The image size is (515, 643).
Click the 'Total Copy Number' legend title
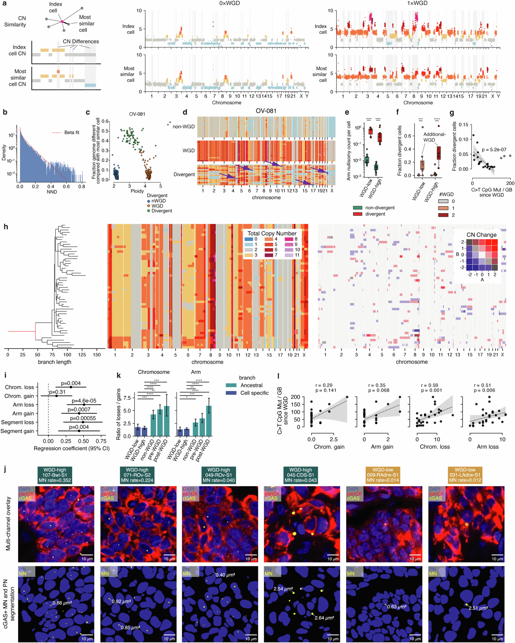pos(272,233)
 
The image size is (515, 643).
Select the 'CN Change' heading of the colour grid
pos(481,235)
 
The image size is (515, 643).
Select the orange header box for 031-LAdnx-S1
pos(465,475)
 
